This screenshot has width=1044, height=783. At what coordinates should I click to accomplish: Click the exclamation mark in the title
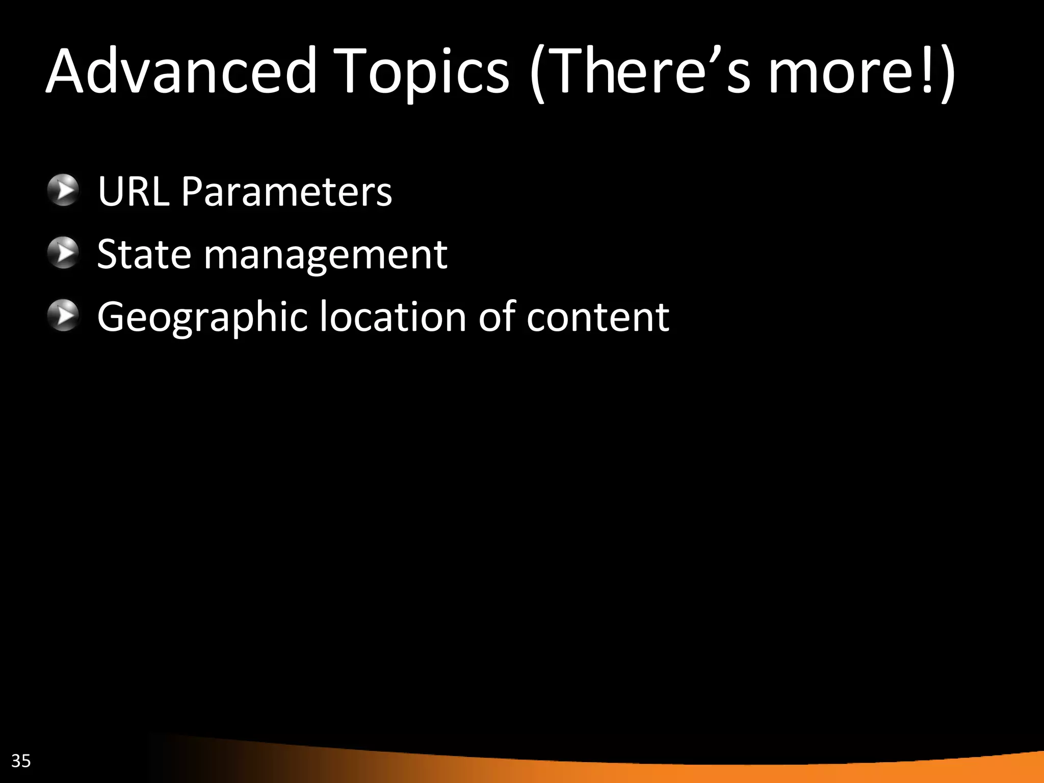click(x=927, y=71)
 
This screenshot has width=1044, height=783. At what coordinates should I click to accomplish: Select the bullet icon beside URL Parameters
click(x=63, y=191)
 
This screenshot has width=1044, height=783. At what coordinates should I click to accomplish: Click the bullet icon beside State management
click(x=63, y=253)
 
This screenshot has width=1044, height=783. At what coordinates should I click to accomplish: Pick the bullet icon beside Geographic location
click(x=63, y=316)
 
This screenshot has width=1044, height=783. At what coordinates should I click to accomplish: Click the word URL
click(x=133, y=191)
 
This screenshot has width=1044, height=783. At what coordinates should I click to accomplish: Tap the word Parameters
click(x=286, y=191)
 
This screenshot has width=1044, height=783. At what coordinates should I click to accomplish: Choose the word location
click(x=393, y=317)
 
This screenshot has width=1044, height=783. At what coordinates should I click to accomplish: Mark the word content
click(x=597, y=318)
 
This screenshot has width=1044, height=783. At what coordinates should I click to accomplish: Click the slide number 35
click(x=21, y=761)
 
